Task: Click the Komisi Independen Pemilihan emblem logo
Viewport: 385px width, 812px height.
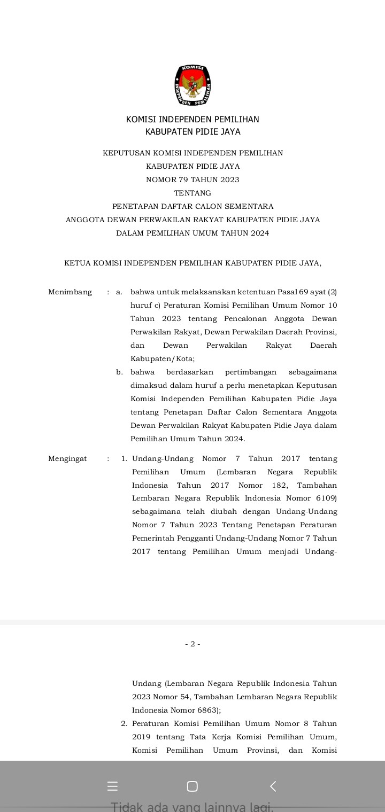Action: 192,85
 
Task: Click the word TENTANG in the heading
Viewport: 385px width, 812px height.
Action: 192,193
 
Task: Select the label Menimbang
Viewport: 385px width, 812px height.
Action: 70,292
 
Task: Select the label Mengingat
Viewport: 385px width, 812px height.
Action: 67,459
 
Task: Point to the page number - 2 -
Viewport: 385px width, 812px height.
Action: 192,644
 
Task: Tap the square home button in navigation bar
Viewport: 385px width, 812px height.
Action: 192,786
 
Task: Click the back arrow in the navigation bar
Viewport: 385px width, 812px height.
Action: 273,786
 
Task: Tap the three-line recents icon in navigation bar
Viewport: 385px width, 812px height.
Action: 112,786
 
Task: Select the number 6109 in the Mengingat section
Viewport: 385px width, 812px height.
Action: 326,498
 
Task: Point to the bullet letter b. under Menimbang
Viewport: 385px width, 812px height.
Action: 120,372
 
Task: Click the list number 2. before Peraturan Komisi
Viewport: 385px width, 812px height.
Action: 124,724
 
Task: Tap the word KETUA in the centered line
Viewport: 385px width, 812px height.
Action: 77,263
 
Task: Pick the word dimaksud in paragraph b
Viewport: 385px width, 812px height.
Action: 148,386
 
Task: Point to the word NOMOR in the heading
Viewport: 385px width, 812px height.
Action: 158,180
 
